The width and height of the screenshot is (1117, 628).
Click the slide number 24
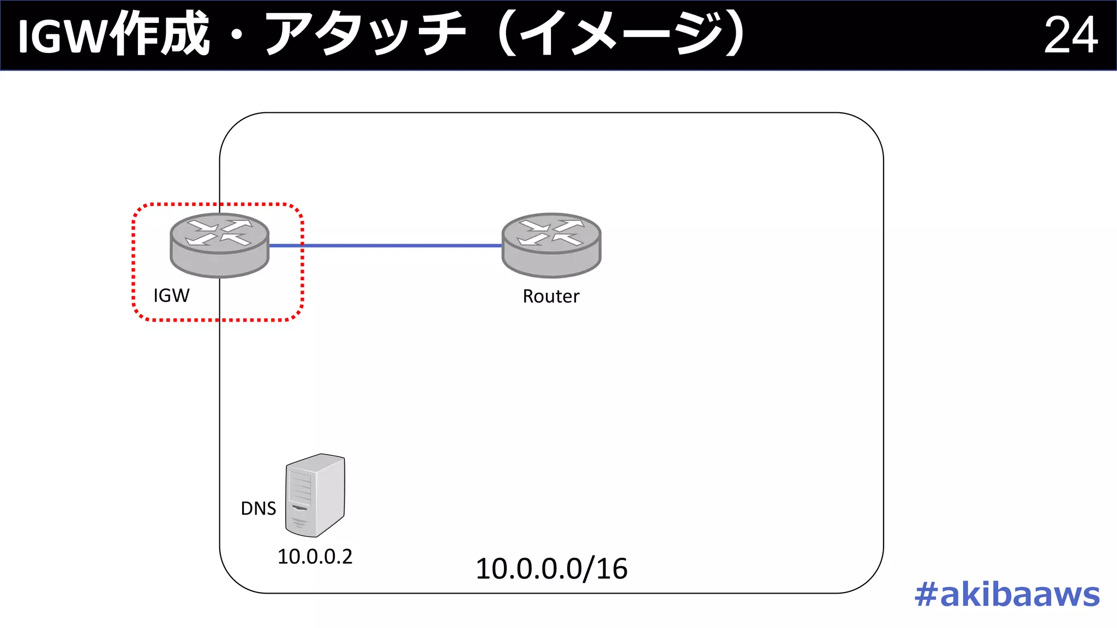click(x=1070, y=35)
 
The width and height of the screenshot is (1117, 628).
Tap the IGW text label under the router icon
click(x=171, y=295)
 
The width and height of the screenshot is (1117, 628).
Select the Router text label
click(x=551, y=297)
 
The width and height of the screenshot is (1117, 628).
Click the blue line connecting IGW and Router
click(x=385, y=246)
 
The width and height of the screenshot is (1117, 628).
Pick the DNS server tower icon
click(x=315, y=495)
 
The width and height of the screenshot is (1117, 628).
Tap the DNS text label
click(x=258, y=509)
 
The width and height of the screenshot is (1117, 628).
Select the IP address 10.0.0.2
click(x=315, y=557)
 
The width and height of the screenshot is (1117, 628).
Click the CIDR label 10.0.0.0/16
click(x=551, y=569)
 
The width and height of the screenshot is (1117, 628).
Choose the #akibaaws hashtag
click(x=1007, y=594)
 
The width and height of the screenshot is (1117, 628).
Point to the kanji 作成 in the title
click(x=159, y=35)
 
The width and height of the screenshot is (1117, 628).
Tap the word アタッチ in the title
click(x=365, y=35)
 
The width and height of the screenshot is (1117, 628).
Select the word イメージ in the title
click(x=622, y=35)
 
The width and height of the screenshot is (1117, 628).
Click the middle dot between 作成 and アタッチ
click(x=237, y=36)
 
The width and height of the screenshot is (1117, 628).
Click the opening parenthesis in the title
click(x=507, y=35)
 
